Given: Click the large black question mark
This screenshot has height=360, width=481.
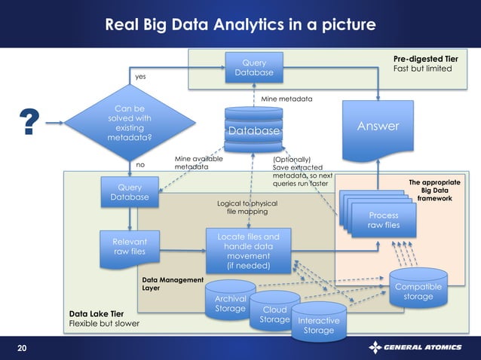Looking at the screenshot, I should coord(29,123).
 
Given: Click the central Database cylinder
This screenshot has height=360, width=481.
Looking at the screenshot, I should coord(253,130).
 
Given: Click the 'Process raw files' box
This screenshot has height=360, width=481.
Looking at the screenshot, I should coord(383,219).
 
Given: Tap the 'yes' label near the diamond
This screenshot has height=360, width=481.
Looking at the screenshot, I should coord(140,77).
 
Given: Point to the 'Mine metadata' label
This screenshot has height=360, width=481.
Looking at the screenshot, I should coord(286,99).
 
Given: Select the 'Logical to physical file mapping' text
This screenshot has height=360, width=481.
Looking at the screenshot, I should coord(247,208).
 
